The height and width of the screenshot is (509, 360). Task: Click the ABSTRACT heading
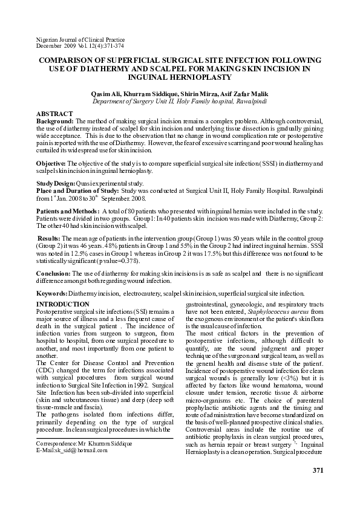[x=55, y=114]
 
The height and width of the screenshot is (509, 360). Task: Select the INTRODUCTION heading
[x=64, y=303]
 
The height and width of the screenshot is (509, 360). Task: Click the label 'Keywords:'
[x=52, y=293]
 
